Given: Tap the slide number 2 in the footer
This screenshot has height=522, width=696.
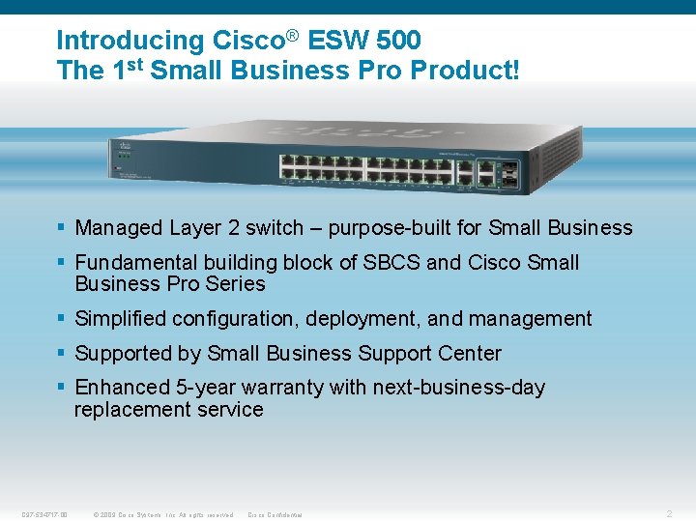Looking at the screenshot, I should pyautogui.click(x=670, y=513).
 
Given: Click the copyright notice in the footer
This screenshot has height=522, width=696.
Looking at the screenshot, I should pyautogui.click(x=163, y=514).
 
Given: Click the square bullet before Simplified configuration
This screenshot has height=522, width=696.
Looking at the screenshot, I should pyautogui.click(x=61, y=318).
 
